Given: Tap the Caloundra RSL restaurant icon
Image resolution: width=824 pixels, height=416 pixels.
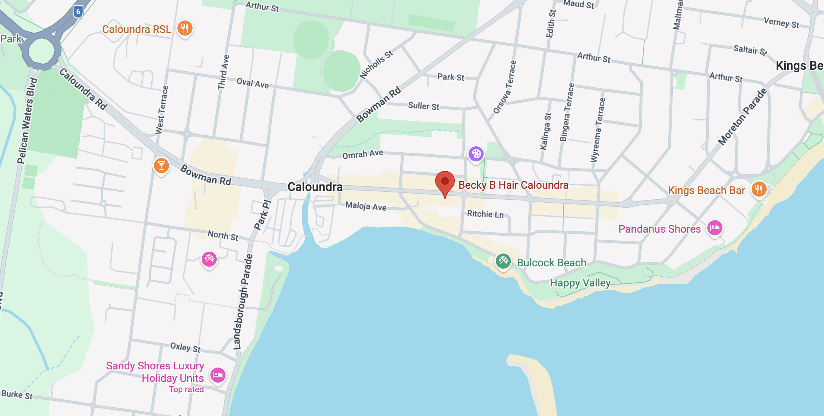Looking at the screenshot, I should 185,28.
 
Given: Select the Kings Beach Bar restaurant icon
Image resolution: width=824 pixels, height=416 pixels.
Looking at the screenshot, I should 759,189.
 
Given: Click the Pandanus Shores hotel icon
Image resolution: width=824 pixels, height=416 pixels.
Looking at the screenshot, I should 715,228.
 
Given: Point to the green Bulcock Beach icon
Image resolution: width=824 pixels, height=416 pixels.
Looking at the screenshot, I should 503,261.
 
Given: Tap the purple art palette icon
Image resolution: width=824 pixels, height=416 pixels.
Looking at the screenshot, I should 476,154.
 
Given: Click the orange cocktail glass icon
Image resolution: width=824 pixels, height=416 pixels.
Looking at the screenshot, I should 161,166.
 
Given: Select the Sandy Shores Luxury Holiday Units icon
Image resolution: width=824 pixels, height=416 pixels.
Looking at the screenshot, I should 218,375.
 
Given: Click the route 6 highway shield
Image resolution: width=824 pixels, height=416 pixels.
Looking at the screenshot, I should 78,11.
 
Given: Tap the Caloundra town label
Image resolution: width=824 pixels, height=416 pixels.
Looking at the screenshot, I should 315,187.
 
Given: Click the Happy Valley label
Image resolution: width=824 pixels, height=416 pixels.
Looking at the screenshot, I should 580,283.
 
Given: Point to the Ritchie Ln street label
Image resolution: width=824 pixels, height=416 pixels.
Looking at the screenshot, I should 485,214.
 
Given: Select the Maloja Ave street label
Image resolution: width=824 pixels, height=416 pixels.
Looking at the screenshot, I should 366,206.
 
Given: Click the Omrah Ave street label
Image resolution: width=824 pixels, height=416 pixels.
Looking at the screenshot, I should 363,154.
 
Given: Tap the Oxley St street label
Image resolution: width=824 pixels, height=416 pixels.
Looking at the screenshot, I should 185,347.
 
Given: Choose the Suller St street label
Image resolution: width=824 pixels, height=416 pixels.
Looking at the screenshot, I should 423,106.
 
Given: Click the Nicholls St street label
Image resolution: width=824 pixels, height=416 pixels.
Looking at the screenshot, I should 376,65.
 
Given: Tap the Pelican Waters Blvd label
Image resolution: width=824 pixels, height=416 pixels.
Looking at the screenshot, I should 27,120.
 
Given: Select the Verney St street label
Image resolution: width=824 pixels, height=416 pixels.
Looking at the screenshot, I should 781,23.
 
